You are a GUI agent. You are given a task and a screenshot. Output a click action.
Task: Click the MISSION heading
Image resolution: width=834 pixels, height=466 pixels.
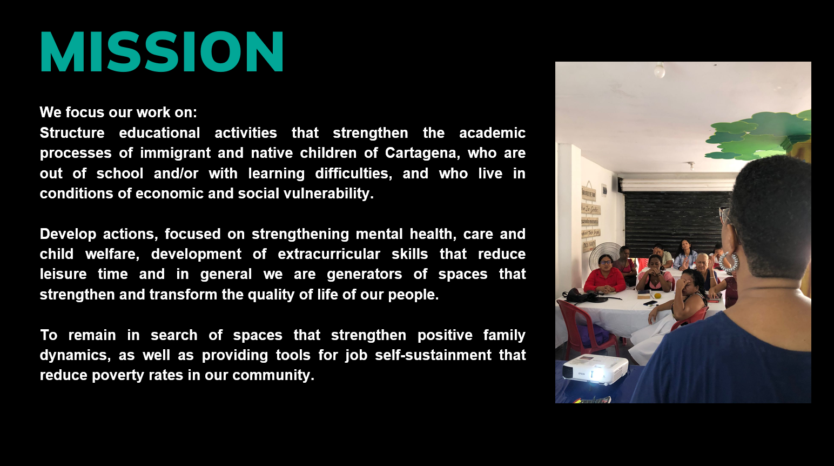click(x=162, y=51)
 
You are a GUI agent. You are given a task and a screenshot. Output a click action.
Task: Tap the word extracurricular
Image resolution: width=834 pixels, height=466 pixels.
click(x=329, y=254)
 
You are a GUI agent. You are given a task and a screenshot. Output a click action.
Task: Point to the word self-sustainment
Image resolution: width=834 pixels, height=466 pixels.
click(x=433, y=355)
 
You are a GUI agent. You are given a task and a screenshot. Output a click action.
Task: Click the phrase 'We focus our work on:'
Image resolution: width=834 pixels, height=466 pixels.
click(x=118, y=112)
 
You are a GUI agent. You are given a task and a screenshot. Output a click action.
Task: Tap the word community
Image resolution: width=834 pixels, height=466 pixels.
click(x=273, y=376)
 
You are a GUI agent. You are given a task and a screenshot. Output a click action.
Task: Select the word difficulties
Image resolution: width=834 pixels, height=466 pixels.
click(x=353, y=174)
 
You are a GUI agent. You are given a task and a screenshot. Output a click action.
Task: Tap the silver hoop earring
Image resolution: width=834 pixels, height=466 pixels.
click(x=728, y=262)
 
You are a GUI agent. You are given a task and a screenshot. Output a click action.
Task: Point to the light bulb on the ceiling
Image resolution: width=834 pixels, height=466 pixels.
click(x=660, y=70)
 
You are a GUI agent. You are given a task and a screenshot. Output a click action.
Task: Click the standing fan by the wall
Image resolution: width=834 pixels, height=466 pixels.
click(x=606, y=256)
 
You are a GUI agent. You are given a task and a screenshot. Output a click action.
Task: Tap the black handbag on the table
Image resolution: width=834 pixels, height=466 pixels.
click(x=580, y=296)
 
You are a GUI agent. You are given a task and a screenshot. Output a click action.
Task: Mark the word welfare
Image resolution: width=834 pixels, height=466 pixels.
click(x=112, y=255)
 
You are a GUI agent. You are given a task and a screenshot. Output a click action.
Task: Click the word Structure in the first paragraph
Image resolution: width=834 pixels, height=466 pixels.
click(x=72, y=133)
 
